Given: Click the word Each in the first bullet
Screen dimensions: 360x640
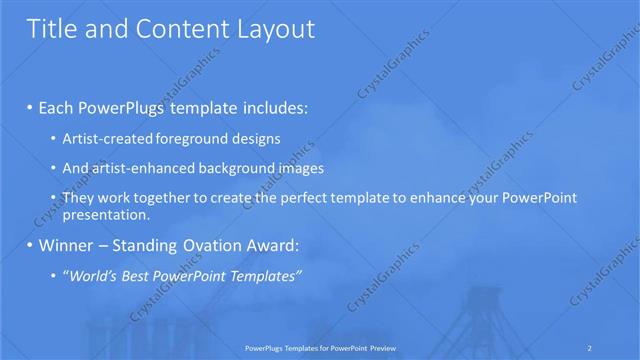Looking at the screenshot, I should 58,107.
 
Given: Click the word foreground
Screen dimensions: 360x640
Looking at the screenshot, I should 180,139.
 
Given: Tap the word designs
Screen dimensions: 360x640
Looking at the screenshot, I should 250,139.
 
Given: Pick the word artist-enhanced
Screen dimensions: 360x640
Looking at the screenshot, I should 137,168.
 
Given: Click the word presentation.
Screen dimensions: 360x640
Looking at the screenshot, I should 105,213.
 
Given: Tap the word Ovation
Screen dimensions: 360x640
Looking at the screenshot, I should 213,245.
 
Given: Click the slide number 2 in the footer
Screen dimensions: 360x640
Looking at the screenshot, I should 591,347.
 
